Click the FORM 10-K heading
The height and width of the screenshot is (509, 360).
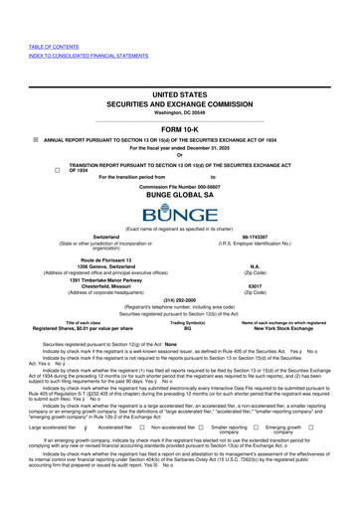point(180,129)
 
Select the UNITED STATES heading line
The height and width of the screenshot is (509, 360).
point(180,92)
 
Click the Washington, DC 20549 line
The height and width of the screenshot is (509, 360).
point(180,111)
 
